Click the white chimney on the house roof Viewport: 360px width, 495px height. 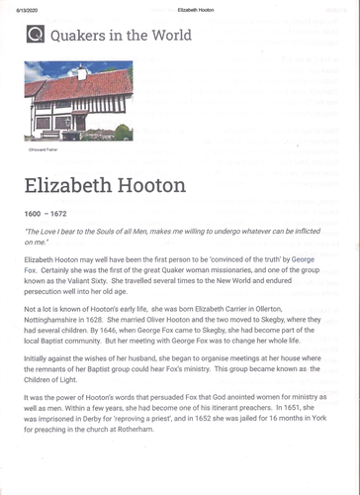83,70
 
